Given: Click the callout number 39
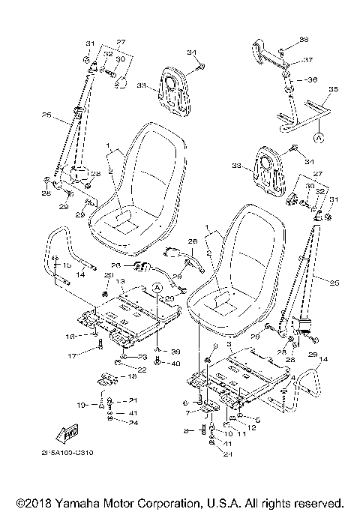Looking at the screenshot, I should point(175,351).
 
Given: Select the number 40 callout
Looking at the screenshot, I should point(175,364).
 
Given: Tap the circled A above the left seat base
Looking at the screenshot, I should point(157,287).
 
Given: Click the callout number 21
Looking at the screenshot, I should point(133,400).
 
